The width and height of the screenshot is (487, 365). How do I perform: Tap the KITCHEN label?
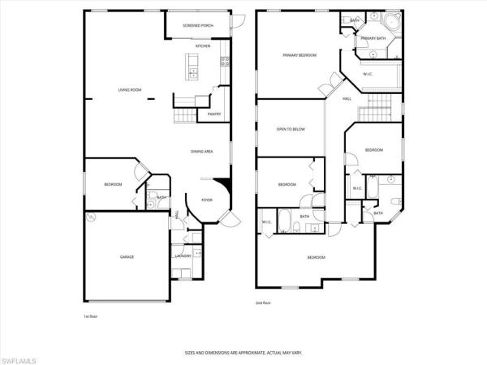tap(203, 46)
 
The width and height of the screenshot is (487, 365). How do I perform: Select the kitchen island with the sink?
tap(193, 69)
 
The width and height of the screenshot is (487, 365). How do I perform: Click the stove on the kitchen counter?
tap(225, 60)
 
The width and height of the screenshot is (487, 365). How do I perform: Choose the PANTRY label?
tap(214, 114)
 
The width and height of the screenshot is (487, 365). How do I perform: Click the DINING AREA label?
tap(202, 151)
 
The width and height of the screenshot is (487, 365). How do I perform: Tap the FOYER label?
tap(207, 199)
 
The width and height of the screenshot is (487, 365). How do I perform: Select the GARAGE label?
tap(127, 256)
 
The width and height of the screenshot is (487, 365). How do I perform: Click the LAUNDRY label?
tap(183, 256)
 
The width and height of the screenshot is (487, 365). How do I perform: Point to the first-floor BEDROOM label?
tap(113, 184)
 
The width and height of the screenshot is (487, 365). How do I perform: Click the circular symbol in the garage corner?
tap(92, 217)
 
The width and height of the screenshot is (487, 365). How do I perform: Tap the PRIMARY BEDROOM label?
tap(299, 55)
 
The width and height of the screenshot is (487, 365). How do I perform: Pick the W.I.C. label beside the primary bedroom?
tap(367, 74)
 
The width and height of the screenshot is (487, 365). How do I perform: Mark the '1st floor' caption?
tap(92, 316)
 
